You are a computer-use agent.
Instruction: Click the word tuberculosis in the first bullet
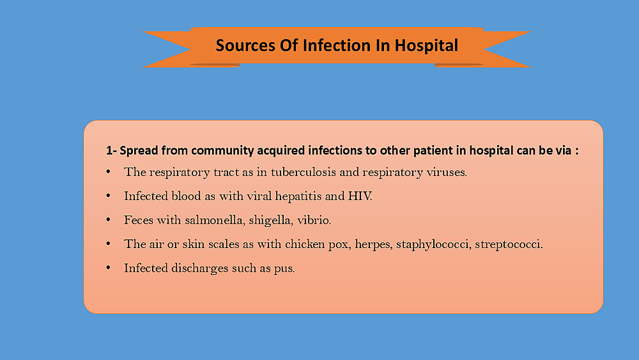click(303, 172)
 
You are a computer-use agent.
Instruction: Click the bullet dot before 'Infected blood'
click(109, 196)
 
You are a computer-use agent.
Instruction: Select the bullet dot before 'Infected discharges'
click(109, 268)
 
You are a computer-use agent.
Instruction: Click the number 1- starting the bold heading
click(111, 151)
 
